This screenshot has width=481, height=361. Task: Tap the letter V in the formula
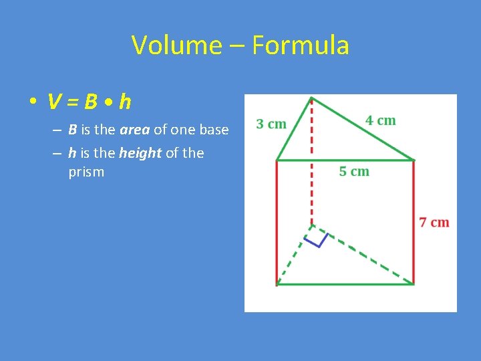[x=55, y=102]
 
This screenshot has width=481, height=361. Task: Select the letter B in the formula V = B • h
[x=91, y=102]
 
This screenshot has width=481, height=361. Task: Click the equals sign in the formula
[x=73, y=103]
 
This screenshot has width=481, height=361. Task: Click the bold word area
[x=134, y=130]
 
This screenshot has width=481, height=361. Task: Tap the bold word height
[x=140, y=153]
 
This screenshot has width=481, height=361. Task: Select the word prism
[x=86, y=172]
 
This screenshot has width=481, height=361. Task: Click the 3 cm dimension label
[x=271, y=124]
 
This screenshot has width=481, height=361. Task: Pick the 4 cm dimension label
[x=380, y=120]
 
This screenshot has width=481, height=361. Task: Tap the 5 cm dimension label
[x=353, y=171]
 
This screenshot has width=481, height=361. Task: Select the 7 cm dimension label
[x=434, y=222]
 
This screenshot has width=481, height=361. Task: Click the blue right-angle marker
[x=317, y=239]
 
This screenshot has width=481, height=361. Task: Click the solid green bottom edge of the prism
[x=345, y=285]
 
